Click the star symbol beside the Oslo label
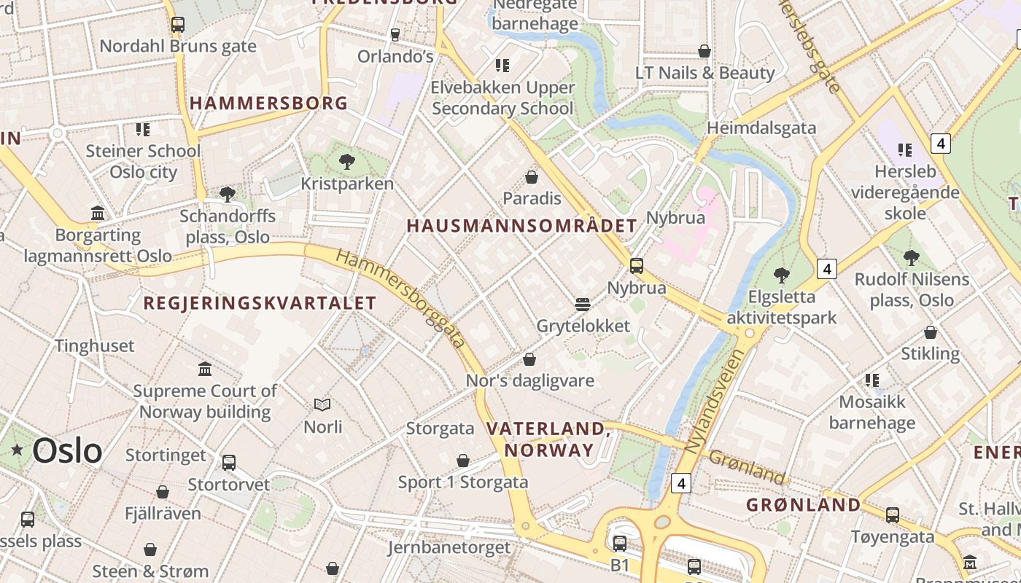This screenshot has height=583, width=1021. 17,450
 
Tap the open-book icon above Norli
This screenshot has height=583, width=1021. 322,404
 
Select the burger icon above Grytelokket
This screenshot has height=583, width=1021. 582,303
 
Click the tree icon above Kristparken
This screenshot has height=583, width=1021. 347,161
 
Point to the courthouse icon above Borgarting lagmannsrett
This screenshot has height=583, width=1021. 98,213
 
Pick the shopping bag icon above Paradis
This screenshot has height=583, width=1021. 532,176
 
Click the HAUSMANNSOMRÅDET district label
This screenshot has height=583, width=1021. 521,226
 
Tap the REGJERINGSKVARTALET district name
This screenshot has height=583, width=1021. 260,303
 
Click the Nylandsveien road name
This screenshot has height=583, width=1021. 718,401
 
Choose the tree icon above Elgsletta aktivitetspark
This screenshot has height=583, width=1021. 782,275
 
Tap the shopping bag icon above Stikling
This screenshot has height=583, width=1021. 931,332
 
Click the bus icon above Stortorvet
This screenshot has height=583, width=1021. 229,462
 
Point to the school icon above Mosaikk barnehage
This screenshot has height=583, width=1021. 871,380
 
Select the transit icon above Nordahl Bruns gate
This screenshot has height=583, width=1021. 177,24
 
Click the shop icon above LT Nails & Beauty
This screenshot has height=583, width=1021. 704,51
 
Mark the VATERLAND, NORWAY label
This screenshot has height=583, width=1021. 549,439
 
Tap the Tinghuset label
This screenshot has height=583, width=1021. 95,345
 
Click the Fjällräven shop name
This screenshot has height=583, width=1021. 163,514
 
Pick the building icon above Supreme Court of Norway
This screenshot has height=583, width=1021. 205,369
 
